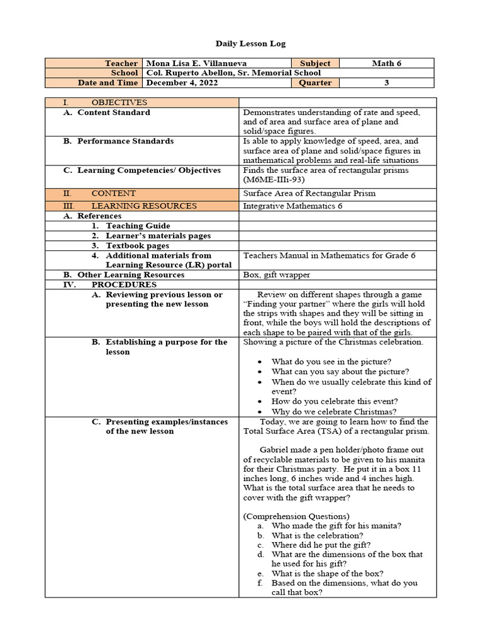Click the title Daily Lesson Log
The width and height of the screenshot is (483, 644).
pos(241,43)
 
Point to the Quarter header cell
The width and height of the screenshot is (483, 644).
pos(314,82)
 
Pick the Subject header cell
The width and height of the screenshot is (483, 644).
pos(315,64)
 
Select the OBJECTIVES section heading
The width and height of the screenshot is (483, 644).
pos(119,103)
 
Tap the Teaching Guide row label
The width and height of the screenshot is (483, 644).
pos(138,226)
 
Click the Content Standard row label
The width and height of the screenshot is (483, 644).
pos(113,113)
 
